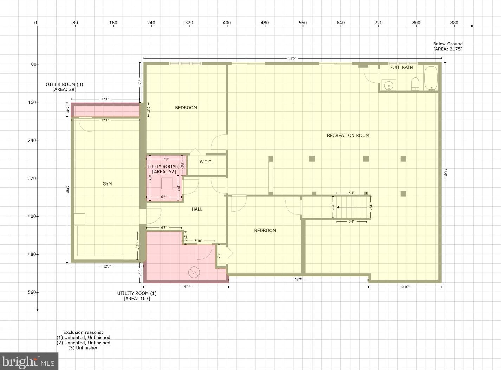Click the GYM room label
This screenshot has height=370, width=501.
[x=107, y=184]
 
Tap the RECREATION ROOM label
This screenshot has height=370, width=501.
[x=348, y=135]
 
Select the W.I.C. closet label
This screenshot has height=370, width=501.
[x=206, y=162]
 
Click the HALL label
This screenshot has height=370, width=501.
[x=197, y=209]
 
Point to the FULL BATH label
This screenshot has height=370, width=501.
[x=402, y=68]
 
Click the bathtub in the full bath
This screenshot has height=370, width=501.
[x=431, y=78]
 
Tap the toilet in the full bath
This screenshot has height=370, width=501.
[x=415, y=84]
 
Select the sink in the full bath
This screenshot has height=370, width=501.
[x=389, y=85]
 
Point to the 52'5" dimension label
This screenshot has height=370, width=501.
[x=292, y=58]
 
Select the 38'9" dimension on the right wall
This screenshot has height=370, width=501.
[x=445, y=173]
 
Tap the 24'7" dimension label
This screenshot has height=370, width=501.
[x=298, y=280]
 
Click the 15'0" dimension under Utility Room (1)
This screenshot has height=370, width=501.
[x=186, y=287]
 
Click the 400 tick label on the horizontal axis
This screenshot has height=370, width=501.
[x=227, y=23]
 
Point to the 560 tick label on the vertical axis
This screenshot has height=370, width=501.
[x=33, y=292]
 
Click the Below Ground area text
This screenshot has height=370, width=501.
[x=448, y=46]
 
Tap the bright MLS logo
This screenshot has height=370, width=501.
[x=29, y=361]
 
